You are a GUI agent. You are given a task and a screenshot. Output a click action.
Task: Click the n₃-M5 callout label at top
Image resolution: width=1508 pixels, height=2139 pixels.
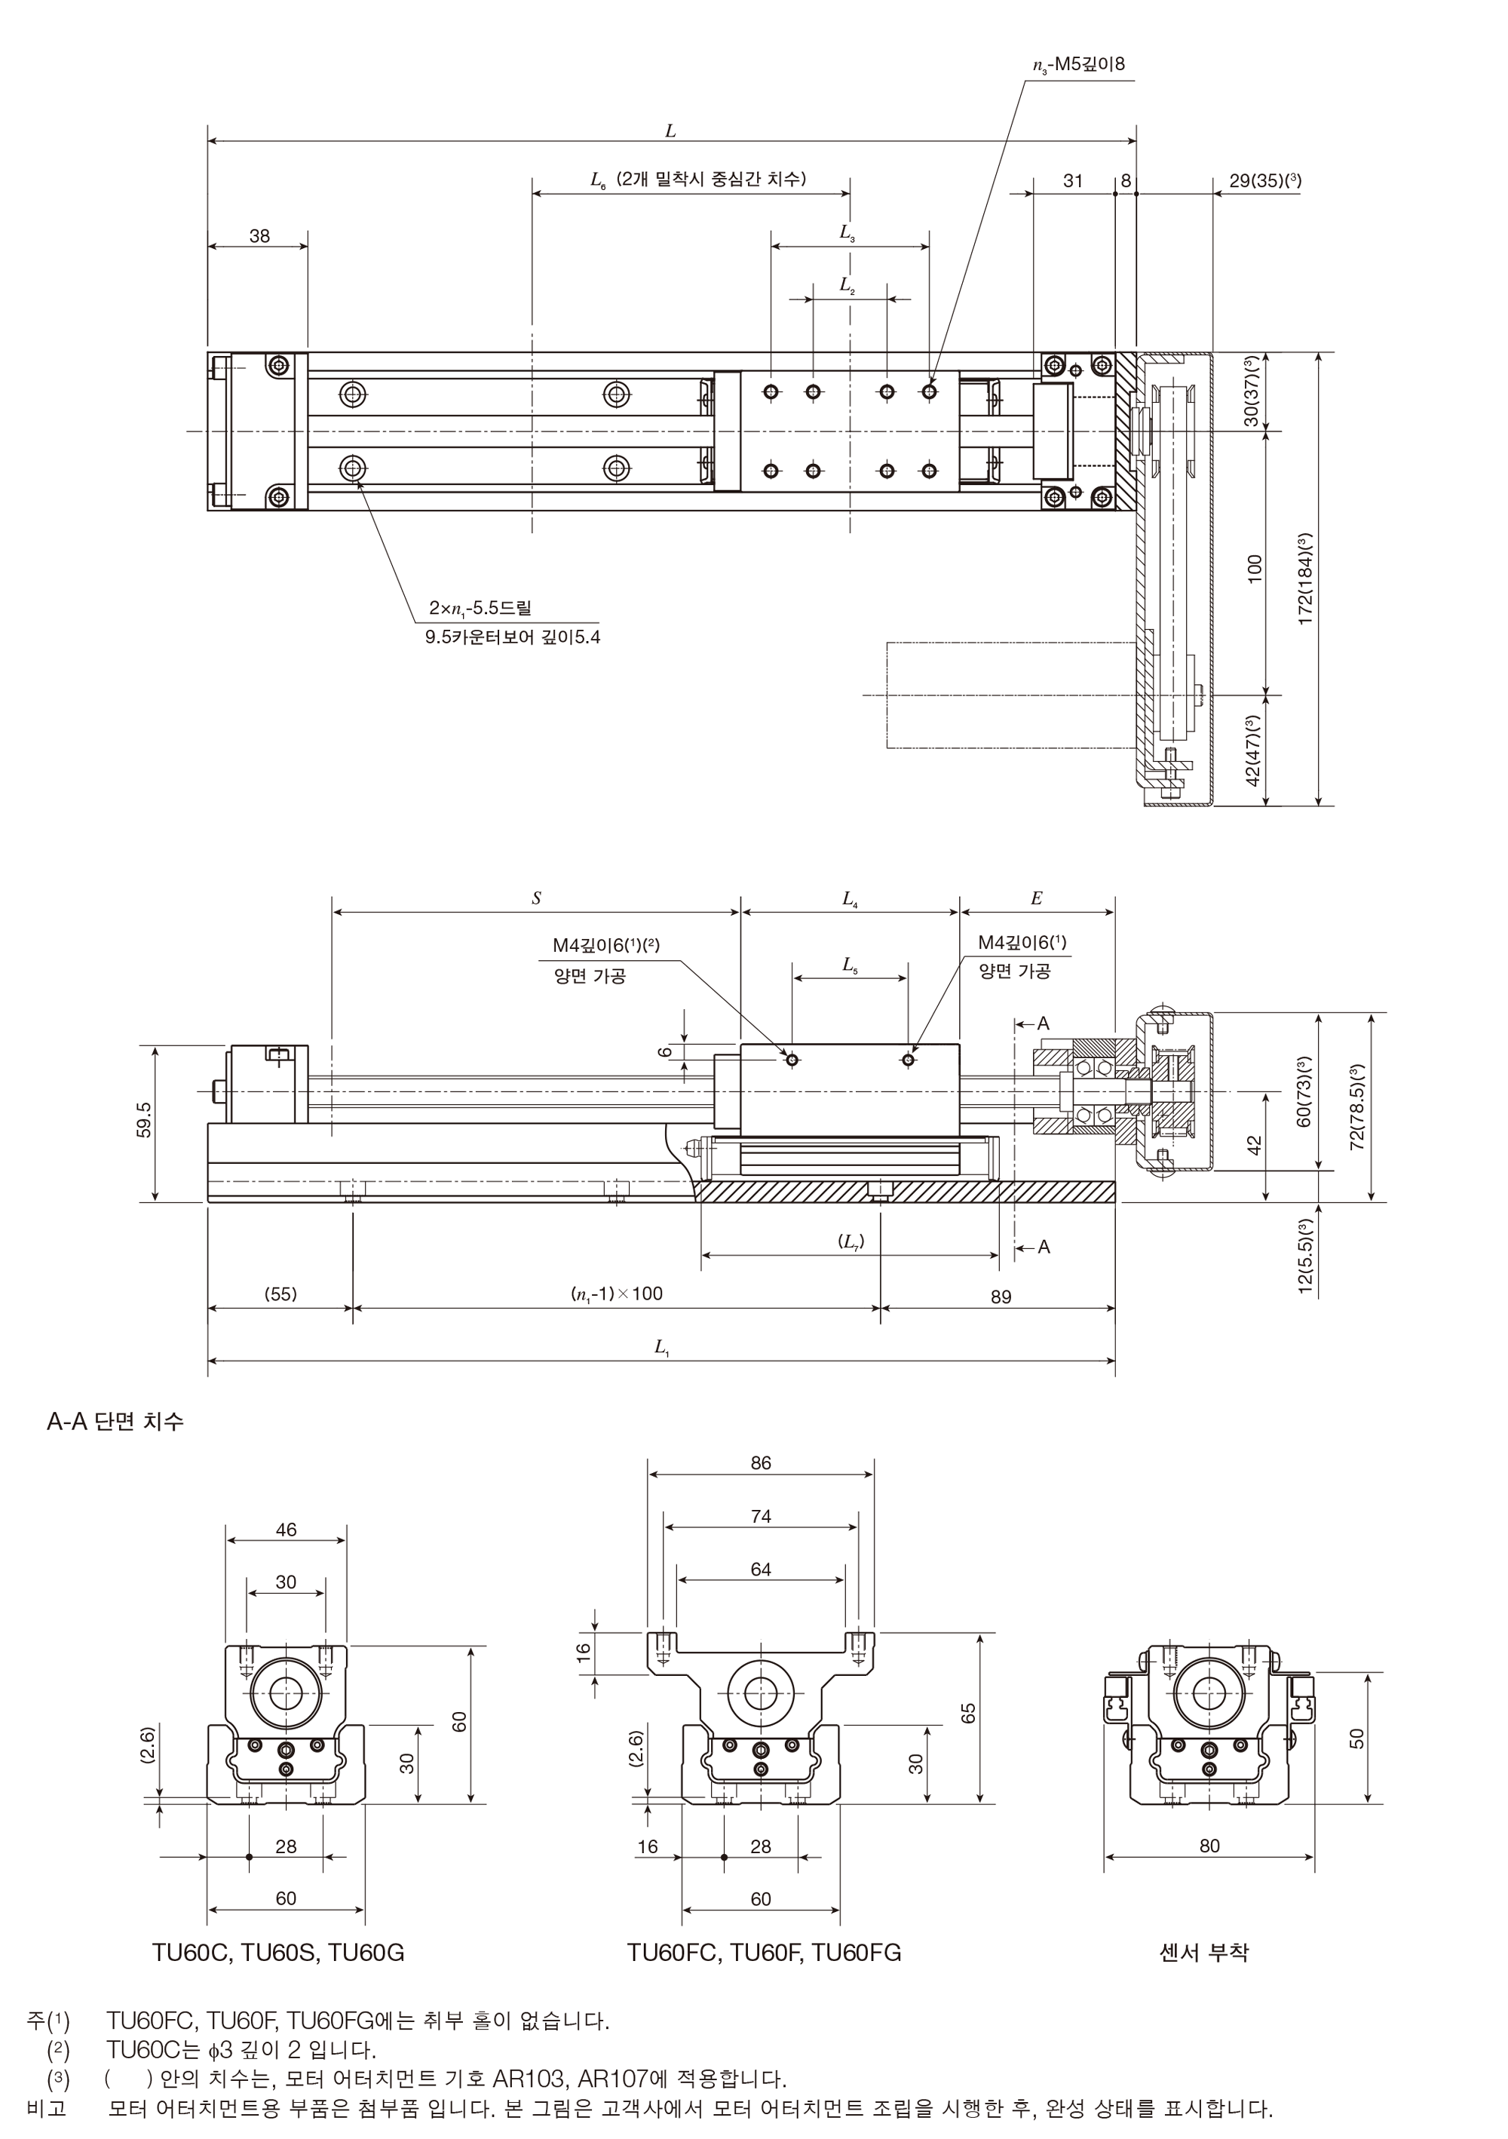pyautogui.click(x=1079, y=64)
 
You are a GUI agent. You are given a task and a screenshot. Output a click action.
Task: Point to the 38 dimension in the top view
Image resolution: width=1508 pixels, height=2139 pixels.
pyautogui.click(x=259, y=236)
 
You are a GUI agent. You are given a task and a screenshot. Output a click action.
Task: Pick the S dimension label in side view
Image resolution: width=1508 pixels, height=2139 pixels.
pyautogui.click(x=537, y=898)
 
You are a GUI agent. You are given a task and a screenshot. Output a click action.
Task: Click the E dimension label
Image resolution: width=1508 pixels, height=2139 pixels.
pyautogui.click(x=1036, y=898)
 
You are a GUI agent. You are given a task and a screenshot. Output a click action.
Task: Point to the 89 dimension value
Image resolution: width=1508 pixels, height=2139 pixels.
pyautogui.click(x=1001, y=1296)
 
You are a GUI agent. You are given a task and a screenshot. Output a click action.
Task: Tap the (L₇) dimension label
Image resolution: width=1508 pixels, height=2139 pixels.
pyautogui.click(x=851, y=1242)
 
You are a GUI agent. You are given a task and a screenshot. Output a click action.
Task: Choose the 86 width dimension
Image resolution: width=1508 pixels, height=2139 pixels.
pyautogui.click(x=761, y=1462)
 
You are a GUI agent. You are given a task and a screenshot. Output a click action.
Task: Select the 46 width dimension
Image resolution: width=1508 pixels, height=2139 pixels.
pyautogui.click(x=286, y=1529)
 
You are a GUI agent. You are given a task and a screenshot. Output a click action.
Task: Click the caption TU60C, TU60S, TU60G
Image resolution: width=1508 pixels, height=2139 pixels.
pyautogui.click(x=278, y=1952)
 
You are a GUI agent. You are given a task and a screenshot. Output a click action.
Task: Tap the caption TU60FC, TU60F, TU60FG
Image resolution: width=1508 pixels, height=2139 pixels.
pyautogui.click(x=765, y=1952)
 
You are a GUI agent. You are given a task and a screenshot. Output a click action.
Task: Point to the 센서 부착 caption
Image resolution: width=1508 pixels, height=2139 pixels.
pyautogui.click(x=1203, y=1952)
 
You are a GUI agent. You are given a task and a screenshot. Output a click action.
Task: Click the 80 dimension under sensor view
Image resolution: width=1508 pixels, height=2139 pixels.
pyautogui.click(x=1209, y=1846)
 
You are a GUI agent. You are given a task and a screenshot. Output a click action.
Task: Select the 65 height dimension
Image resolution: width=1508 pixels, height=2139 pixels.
pyautogui.click(x=969, y=1714)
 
